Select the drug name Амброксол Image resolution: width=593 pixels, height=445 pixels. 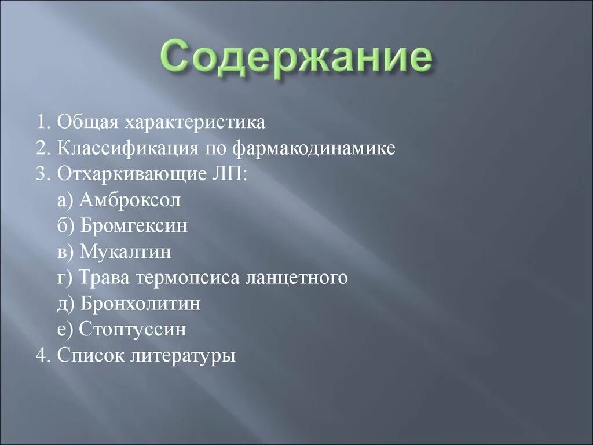pyautogui.click(x=130, y=200)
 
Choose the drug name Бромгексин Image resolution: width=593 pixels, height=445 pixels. pyautogui.click(x=134, y=226)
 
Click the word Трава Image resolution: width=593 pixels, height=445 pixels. pyautogui.click(x=105, y=278)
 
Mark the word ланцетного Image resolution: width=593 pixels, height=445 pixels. pyautogui.click(x=297, y=278)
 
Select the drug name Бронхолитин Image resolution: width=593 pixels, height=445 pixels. pyautogui.click(x=140, y=304)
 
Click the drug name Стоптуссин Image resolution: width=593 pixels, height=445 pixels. pyautogui.click(x=133, y=329)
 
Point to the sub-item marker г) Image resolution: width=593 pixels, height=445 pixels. pyautogui.click(x=64, y=278)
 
